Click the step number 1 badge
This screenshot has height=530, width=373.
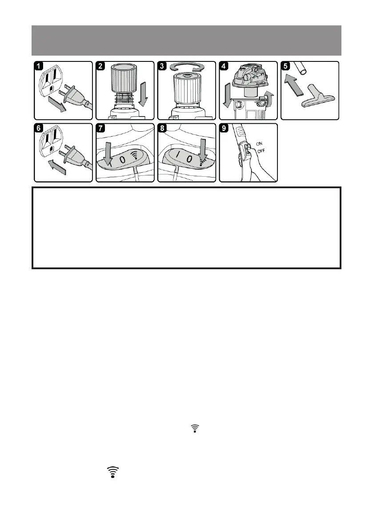[40, 66]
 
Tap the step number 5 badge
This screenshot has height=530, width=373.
[286, 66]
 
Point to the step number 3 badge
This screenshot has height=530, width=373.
[163, 66]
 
